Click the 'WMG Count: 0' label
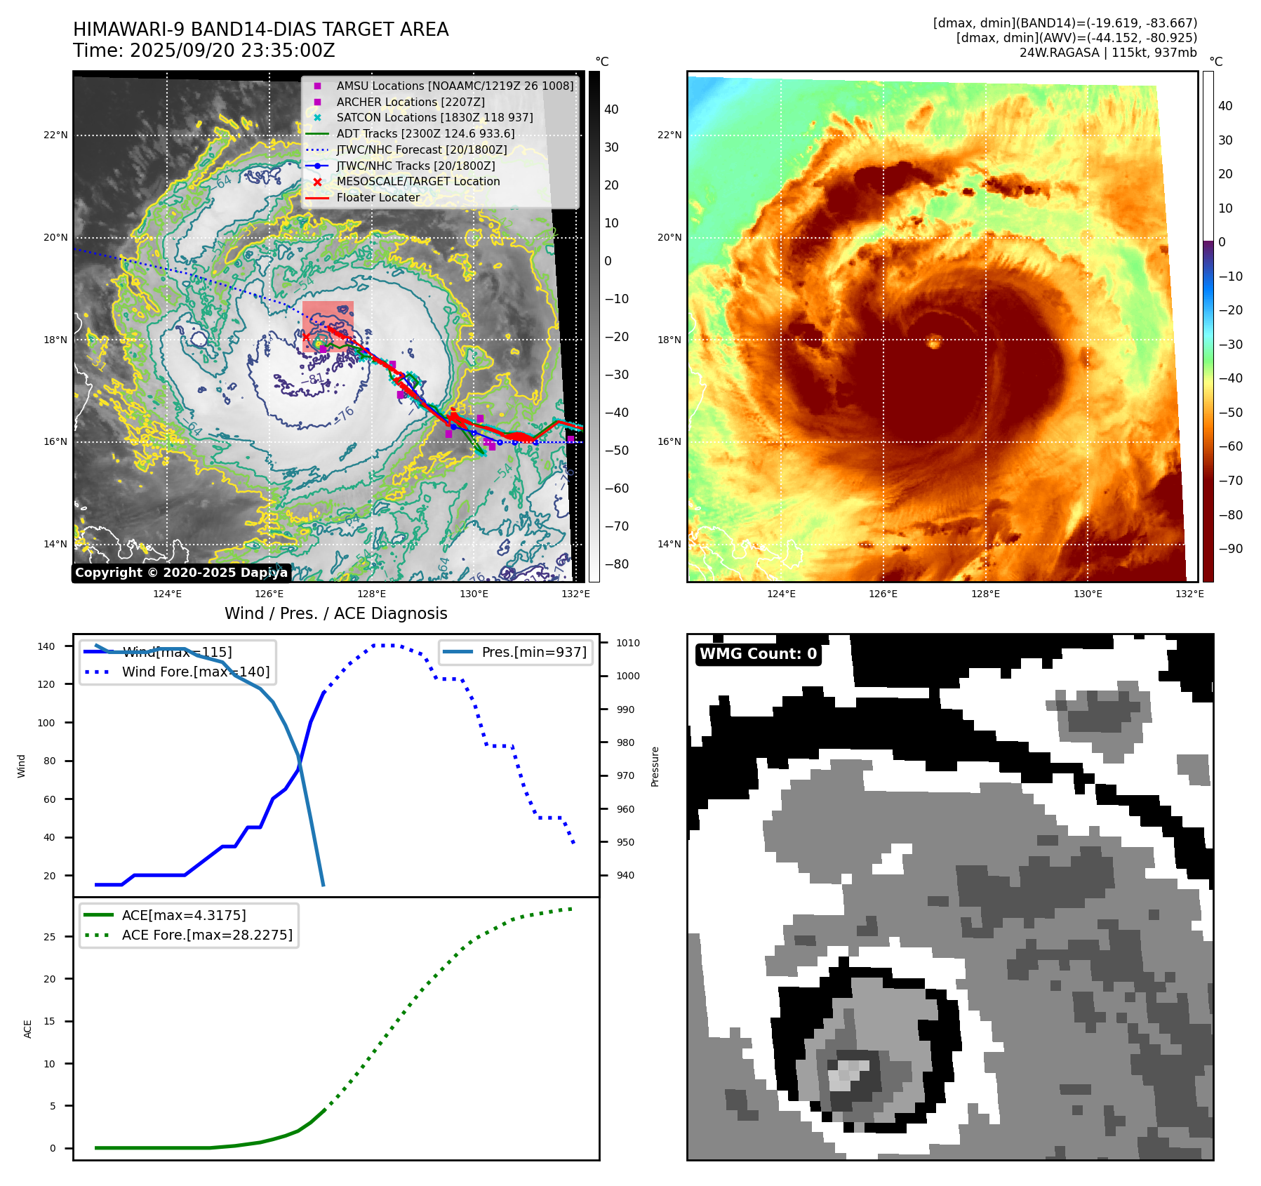click(758, 654)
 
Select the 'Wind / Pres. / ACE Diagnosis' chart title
click(335, 613)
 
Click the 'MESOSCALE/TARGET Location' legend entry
click(418, 181)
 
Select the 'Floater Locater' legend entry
click(378, 197)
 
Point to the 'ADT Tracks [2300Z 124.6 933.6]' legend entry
click(425, 133)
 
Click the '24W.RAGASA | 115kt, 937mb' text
click(1108, 53)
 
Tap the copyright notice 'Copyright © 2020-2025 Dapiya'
click(181, 573)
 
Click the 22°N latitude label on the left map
click(55, 135)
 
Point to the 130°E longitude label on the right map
click(1087, 594)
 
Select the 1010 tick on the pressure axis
click(628, 643)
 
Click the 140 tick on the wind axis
click(46, 646)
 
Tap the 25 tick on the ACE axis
click(49, 937)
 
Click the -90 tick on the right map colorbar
click(1230, 549)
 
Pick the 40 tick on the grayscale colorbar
click(611, 109)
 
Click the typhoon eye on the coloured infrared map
click(934, 342)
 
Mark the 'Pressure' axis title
click(655, 766)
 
